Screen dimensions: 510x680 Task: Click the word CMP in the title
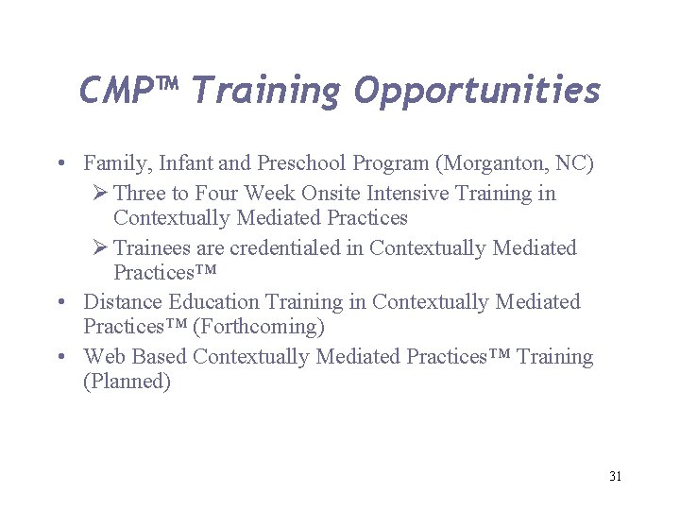click(115, 91)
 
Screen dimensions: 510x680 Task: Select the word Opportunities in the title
click(477, 92)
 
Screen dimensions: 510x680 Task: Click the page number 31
click(615, 476)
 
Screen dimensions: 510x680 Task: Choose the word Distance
click(123, 302)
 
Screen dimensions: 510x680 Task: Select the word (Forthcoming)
click(258, 328)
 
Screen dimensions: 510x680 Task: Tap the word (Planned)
click(127, 382)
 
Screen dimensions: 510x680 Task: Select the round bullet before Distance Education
click(60, 303)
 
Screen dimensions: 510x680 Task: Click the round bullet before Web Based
click(60, 358)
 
